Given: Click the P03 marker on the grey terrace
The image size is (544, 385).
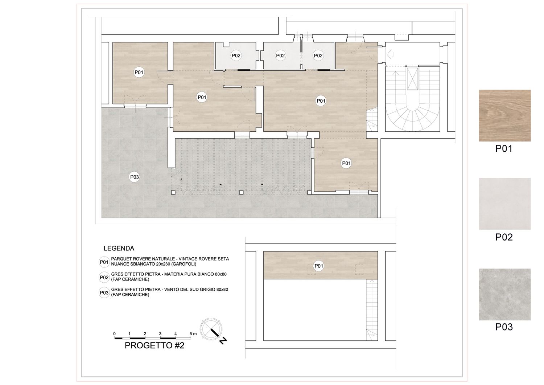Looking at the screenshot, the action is point(134,177).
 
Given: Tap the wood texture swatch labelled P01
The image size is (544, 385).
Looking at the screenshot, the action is point(505,115).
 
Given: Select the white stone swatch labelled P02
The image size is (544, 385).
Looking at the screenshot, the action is point(505,204).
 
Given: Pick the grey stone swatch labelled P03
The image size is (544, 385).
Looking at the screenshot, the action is point(505,294).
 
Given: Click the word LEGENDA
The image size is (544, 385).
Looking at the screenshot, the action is point(119,249).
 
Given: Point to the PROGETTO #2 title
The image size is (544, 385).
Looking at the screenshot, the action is point(154,345).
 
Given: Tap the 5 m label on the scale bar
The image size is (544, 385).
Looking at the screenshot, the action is point(193,334).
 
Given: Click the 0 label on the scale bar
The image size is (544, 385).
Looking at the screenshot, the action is point(114,334).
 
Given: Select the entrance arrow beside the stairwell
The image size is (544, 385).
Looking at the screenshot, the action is point(390,54).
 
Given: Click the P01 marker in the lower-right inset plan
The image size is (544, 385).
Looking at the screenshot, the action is point(319,266).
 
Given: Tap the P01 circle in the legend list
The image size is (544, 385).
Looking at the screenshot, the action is point(104,262).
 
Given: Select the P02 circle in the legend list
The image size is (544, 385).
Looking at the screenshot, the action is point(104,277).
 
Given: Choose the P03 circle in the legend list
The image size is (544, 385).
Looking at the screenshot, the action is point(104,292).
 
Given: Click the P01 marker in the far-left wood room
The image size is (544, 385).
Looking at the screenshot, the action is point(139,72).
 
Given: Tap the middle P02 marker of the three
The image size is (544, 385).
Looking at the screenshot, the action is point(280,56).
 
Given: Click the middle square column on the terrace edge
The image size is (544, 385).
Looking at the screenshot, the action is point(241,192).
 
